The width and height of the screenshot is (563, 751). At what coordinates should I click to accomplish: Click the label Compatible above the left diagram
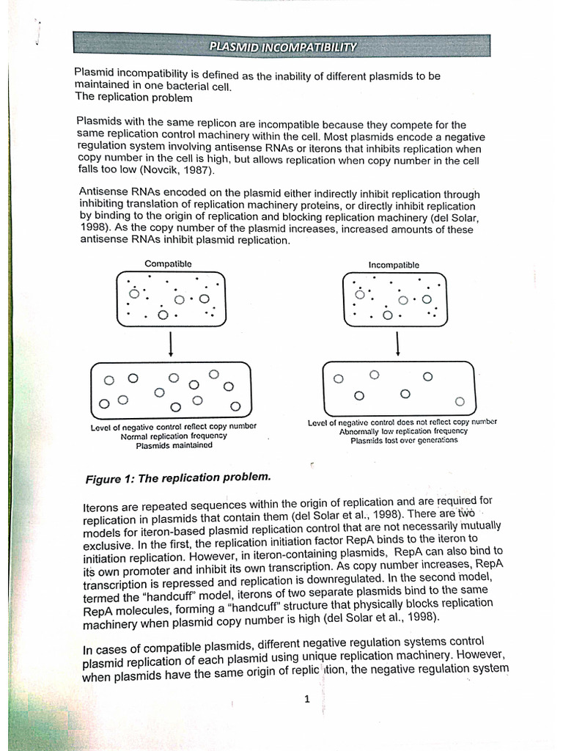168,263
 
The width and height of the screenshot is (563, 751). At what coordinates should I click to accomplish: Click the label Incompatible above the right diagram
394,265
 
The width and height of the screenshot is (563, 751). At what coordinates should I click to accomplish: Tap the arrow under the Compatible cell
171,343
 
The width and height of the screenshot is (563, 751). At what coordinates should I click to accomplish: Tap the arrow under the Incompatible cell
397,343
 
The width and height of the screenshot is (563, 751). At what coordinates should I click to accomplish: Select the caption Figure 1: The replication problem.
178,478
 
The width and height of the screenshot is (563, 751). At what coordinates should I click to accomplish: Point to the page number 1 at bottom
307,699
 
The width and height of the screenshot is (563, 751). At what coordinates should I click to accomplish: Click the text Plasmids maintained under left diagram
174,445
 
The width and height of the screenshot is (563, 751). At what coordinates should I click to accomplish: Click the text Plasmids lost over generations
404,441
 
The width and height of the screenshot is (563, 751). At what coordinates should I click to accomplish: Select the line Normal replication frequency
174,436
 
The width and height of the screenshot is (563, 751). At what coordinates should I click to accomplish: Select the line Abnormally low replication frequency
403,431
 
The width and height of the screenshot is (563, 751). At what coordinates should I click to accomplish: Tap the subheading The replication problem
134,98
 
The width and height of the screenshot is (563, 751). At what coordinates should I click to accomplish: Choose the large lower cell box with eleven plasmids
171,389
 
